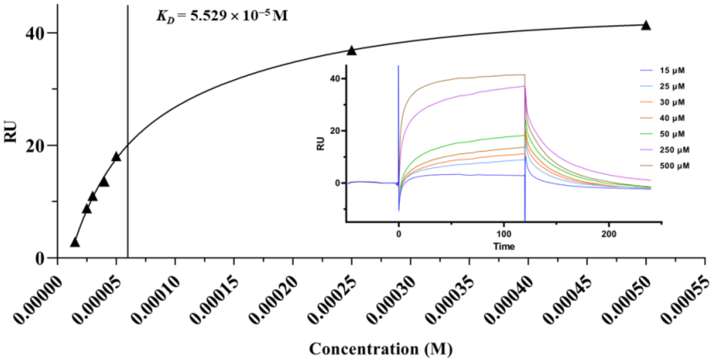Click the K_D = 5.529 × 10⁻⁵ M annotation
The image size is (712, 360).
coord(222,16)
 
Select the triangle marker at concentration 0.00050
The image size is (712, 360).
coord(646,26)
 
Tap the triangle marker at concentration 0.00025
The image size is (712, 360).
coord(351,51)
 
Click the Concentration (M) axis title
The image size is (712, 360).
coord(381,349)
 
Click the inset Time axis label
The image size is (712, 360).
coord(504,246)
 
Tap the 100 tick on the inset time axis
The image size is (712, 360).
coord(504,234)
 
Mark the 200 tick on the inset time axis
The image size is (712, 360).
coord(609,234)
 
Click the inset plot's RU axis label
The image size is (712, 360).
coord(320,143)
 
